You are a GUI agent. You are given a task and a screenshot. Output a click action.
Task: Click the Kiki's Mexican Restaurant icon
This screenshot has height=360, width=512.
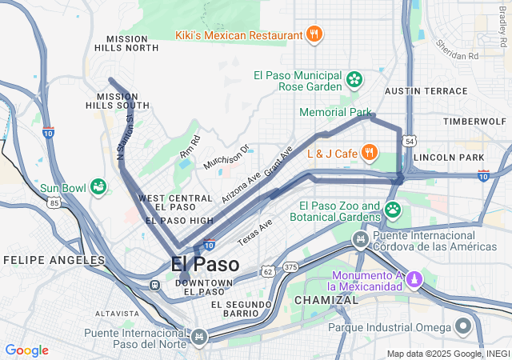tap(315, 34)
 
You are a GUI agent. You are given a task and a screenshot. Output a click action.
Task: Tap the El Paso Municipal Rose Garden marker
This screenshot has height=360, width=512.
tap(354, 80)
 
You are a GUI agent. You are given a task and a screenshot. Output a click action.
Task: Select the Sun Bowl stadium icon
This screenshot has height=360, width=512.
tap(98, 187)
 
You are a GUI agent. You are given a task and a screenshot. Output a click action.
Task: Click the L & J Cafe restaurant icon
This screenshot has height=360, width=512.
tap(369, 152)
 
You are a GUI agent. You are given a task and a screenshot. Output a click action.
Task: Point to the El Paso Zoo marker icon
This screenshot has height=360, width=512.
tap(393, 210)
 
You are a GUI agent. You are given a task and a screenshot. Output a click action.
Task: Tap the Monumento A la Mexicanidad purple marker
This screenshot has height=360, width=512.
tap(413, 279)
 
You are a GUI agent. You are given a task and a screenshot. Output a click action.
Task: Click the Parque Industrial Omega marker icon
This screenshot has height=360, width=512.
tap(463, 326)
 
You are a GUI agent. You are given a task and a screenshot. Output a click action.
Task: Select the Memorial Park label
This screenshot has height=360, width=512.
tap(336, 113)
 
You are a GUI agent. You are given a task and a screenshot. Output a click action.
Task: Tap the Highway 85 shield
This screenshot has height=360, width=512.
tap(54, 203)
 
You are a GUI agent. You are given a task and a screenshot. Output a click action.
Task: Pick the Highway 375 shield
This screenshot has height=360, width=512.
tap(290, 266)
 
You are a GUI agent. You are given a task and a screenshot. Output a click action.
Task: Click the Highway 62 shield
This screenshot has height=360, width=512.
tap(268, 272)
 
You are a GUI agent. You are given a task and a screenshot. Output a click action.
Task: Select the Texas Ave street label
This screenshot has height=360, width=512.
tap(255, 232)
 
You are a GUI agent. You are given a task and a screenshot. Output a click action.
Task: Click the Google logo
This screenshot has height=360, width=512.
tap(26, 350)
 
